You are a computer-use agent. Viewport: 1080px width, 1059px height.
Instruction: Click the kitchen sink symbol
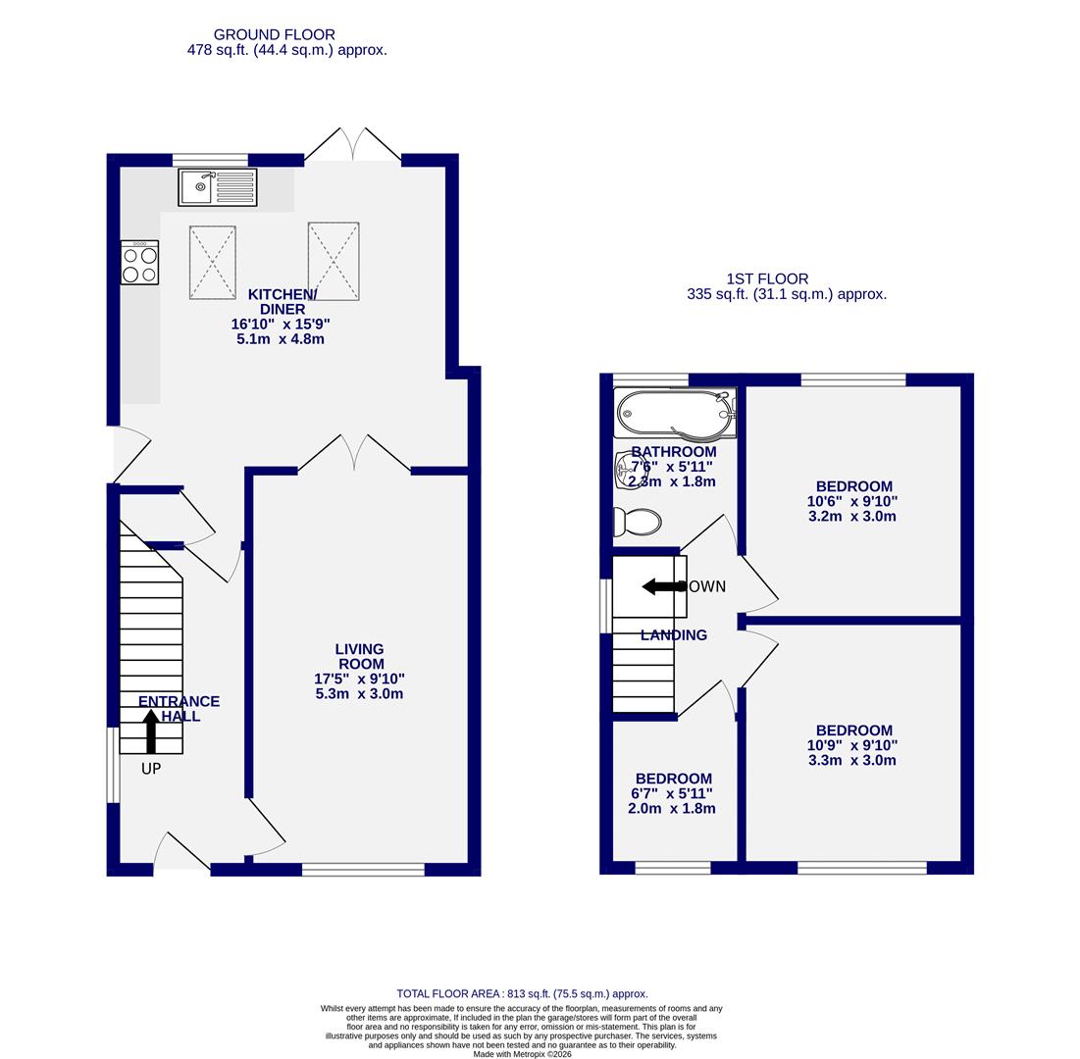point(217,187)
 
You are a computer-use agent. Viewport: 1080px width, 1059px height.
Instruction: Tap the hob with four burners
point(139,263)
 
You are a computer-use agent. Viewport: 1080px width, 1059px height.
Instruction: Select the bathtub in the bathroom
point(674,414)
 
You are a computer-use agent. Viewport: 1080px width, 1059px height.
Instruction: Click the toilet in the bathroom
point(638,522)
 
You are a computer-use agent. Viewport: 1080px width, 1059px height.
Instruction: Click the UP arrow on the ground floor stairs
point(150,731)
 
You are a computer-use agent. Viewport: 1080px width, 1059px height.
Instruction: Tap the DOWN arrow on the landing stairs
point(663,586)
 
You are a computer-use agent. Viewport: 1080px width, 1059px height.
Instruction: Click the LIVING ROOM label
point(359,656)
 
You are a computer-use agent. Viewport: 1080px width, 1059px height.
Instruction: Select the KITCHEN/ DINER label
point(282,302)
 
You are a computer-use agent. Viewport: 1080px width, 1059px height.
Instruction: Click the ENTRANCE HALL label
point(179,708)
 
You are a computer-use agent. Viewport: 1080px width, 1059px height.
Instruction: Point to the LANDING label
point(673,635)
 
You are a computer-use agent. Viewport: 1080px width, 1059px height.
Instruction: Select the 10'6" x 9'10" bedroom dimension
point(852,501)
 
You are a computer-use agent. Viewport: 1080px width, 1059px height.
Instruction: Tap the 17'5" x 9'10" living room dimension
point(359,679)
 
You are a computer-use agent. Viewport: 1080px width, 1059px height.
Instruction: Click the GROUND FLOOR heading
point(274,34)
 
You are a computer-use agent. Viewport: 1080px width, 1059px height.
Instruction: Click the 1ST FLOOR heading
point(767,278)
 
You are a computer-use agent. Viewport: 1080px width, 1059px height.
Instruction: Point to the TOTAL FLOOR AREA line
point(522,993)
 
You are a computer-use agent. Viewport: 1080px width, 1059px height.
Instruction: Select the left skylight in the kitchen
point(212,262)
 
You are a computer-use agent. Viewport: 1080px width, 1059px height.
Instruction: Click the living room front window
point(363,869)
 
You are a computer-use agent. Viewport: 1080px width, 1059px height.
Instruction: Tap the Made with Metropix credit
point(522,1054)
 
